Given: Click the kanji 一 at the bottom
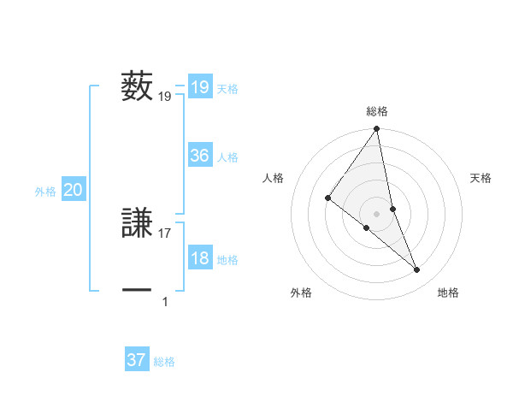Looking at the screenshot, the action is (137, 291).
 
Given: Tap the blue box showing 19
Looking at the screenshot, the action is (199, 87).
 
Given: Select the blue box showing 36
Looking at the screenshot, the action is (199, 156).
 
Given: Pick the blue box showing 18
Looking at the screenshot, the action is (199, 258).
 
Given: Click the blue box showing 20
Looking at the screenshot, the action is (73, 190).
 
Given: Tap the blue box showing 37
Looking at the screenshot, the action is (136, 360).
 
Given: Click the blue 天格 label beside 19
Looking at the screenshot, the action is (227, 89).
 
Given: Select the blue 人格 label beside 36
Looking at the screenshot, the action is (227, 157).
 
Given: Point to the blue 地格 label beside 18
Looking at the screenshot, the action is (227, 260).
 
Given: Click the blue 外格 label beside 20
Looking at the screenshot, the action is (45, 192).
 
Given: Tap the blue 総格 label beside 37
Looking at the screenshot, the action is (164, 362).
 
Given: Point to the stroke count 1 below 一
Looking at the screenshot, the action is (165, 301).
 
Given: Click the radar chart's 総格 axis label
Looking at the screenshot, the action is (377, 111).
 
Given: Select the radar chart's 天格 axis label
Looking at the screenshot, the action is (481, 178).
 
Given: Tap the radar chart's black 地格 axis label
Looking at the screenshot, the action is (448, 293).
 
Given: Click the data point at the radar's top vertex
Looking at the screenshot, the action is (377, 129).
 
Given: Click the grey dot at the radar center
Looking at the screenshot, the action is (377, 213).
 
